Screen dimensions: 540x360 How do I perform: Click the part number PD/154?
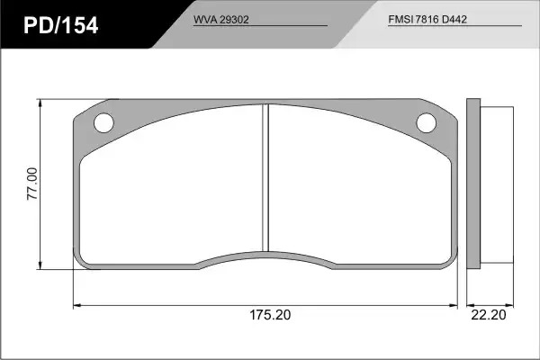(x=61, y=25)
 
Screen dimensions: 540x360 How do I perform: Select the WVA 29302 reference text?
(x=220, y=20)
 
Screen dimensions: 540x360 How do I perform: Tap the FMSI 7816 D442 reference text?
(x=427, y=19)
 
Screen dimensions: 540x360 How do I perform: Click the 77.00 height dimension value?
(x=32, y=184)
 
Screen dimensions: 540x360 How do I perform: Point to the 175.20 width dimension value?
(x=270, y=315)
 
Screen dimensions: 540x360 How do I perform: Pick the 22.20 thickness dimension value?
(x=489, y=315)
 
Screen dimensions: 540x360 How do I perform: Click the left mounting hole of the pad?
(x=103, y=123)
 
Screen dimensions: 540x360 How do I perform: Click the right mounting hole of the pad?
(x=426, y=123)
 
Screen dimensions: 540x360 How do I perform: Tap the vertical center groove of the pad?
(x=265, y=178)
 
